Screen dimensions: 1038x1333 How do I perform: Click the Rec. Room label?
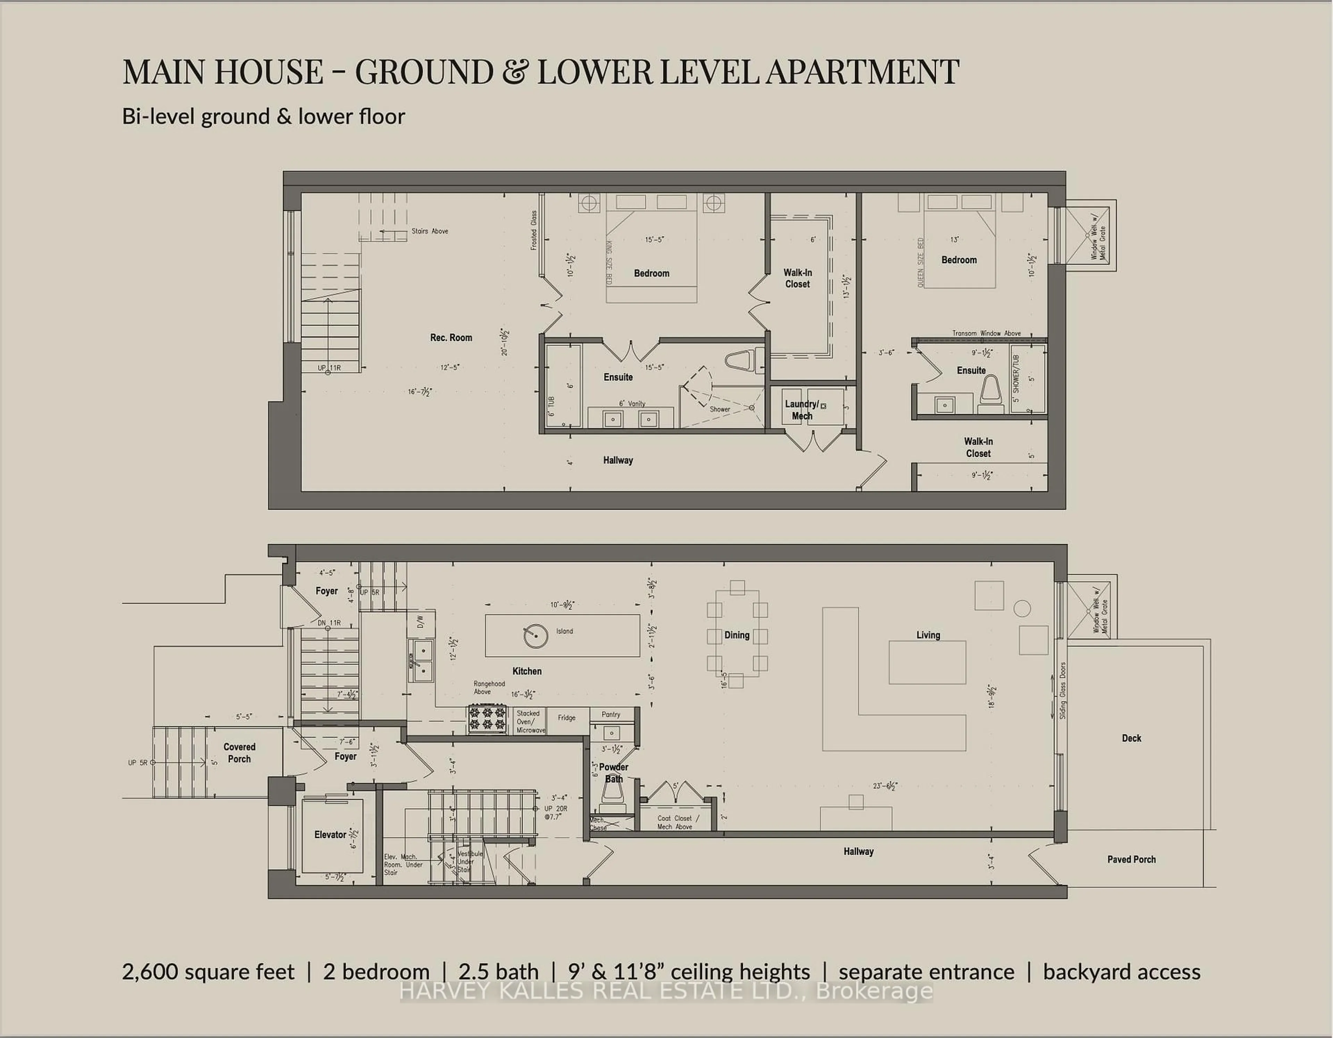(x=451, y=337)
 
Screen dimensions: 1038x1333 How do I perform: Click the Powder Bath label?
(x=613, y=772)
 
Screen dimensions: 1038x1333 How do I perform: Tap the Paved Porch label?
(x=1131, y=859)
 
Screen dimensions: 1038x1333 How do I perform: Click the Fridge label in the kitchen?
(x=567, y=718)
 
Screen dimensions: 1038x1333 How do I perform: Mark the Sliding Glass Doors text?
(x=1063, y=690)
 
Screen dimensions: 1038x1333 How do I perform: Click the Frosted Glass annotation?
(x=534, y=231)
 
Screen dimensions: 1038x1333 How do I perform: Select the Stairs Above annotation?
(x=430, y=231)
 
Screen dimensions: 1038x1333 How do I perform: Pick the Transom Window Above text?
(x=986, y=333)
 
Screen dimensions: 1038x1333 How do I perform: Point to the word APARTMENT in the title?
(x=862, y=72)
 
